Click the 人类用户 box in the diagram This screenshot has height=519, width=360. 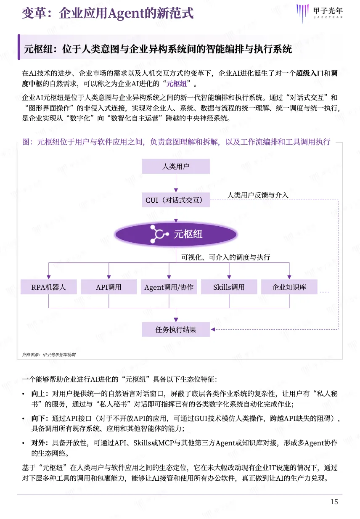[176, 166]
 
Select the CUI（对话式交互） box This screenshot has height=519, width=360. [176, 200]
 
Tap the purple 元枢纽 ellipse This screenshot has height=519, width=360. [176, 234]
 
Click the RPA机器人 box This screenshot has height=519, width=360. [49, 287]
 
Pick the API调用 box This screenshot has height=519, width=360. [109, 287]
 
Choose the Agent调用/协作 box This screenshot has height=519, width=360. [169, 287]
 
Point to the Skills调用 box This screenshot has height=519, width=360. [229, 287]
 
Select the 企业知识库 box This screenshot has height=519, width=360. [289, 287]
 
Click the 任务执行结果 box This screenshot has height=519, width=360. [176, 330]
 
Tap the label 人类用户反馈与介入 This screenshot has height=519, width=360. [258, 195]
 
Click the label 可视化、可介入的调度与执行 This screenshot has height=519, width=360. [225, 257]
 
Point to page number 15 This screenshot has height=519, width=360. [334, 502]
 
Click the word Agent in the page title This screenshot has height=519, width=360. [124, 13]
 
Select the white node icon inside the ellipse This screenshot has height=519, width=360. [159, 234]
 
